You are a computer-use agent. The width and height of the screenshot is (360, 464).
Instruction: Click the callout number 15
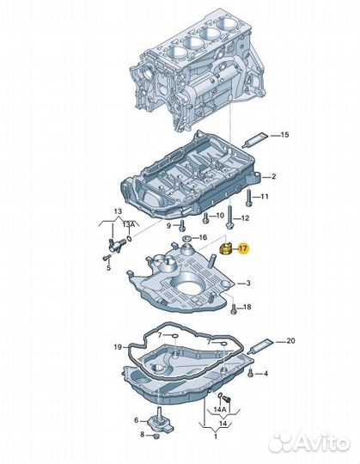286,135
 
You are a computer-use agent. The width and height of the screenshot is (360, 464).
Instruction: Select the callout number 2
273,177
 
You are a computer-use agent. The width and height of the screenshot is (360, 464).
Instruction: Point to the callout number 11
264,197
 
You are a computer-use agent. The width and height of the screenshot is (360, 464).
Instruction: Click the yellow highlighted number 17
244,248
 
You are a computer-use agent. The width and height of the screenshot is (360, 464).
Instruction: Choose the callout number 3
249,284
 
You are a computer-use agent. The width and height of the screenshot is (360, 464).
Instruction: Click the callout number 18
246,308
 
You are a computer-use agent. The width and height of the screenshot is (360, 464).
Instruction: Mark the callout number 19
118,346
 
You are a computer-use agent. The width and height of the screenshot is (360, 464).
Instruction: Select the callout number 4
266,373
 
